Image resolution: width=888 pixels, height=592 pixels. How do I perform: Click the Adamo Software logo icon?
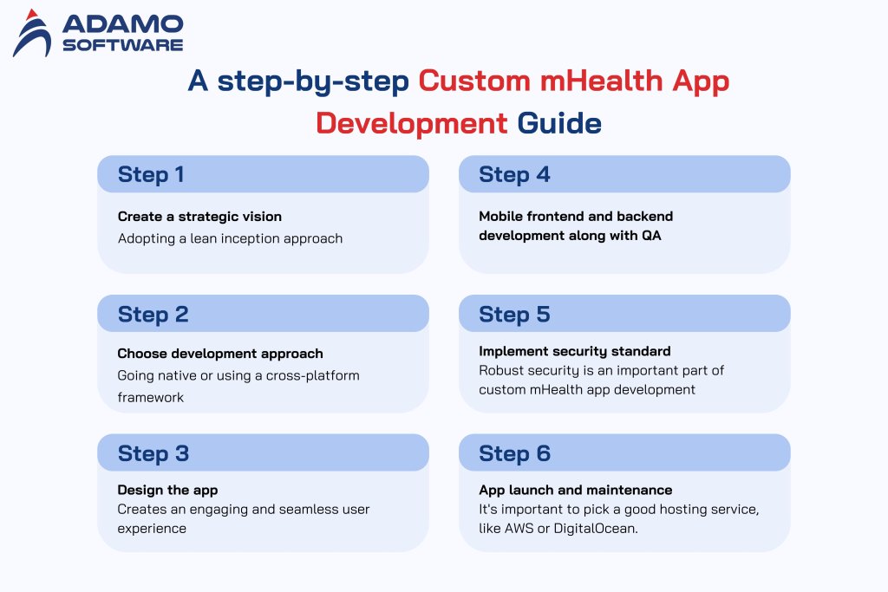tap(33, 33)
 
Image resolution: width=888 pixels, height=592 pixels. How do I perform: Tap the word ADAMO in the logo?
tap(121, 23)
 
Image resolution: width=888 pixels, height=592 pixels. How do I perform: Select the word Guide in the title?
tap(559, 122)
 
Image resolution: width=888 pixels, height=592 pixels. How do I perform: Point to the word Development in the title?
tap(411, 122)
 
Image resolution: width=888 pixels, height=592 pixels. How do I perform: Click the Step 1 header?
tap(151, 174)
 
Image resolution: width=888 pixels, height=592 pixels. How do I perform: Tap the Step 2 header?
tap(153, 314)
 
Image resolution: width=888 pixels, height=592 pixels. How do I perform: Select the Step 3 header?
tap(153, 453)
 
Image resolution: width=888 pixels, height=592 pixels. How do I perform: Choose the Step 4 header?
tap(514, 174)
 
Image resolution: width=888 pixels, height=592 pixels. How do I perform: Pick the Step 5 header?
tap(514, 314)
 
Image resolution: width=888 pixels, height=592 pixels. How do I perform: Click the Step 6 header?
tap(514, 453)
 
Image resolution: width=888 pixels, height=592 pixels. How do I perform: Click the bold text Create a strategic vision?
tap(199, 217)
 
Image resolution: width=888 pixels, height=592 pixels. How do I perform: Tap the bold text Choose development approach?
tap(220, 354)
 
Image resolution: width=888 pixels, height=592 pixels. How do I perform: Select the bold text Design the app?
tap(167, 491)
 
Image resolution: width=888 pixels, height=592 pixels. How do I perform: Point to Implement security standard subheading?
tap(575, 352)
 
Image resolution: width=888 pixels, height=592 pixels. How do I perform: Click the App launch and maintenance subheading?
tap(575, 491)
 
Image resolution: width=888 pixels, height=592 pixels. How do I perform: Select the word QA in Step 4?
tap(650, 235)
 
